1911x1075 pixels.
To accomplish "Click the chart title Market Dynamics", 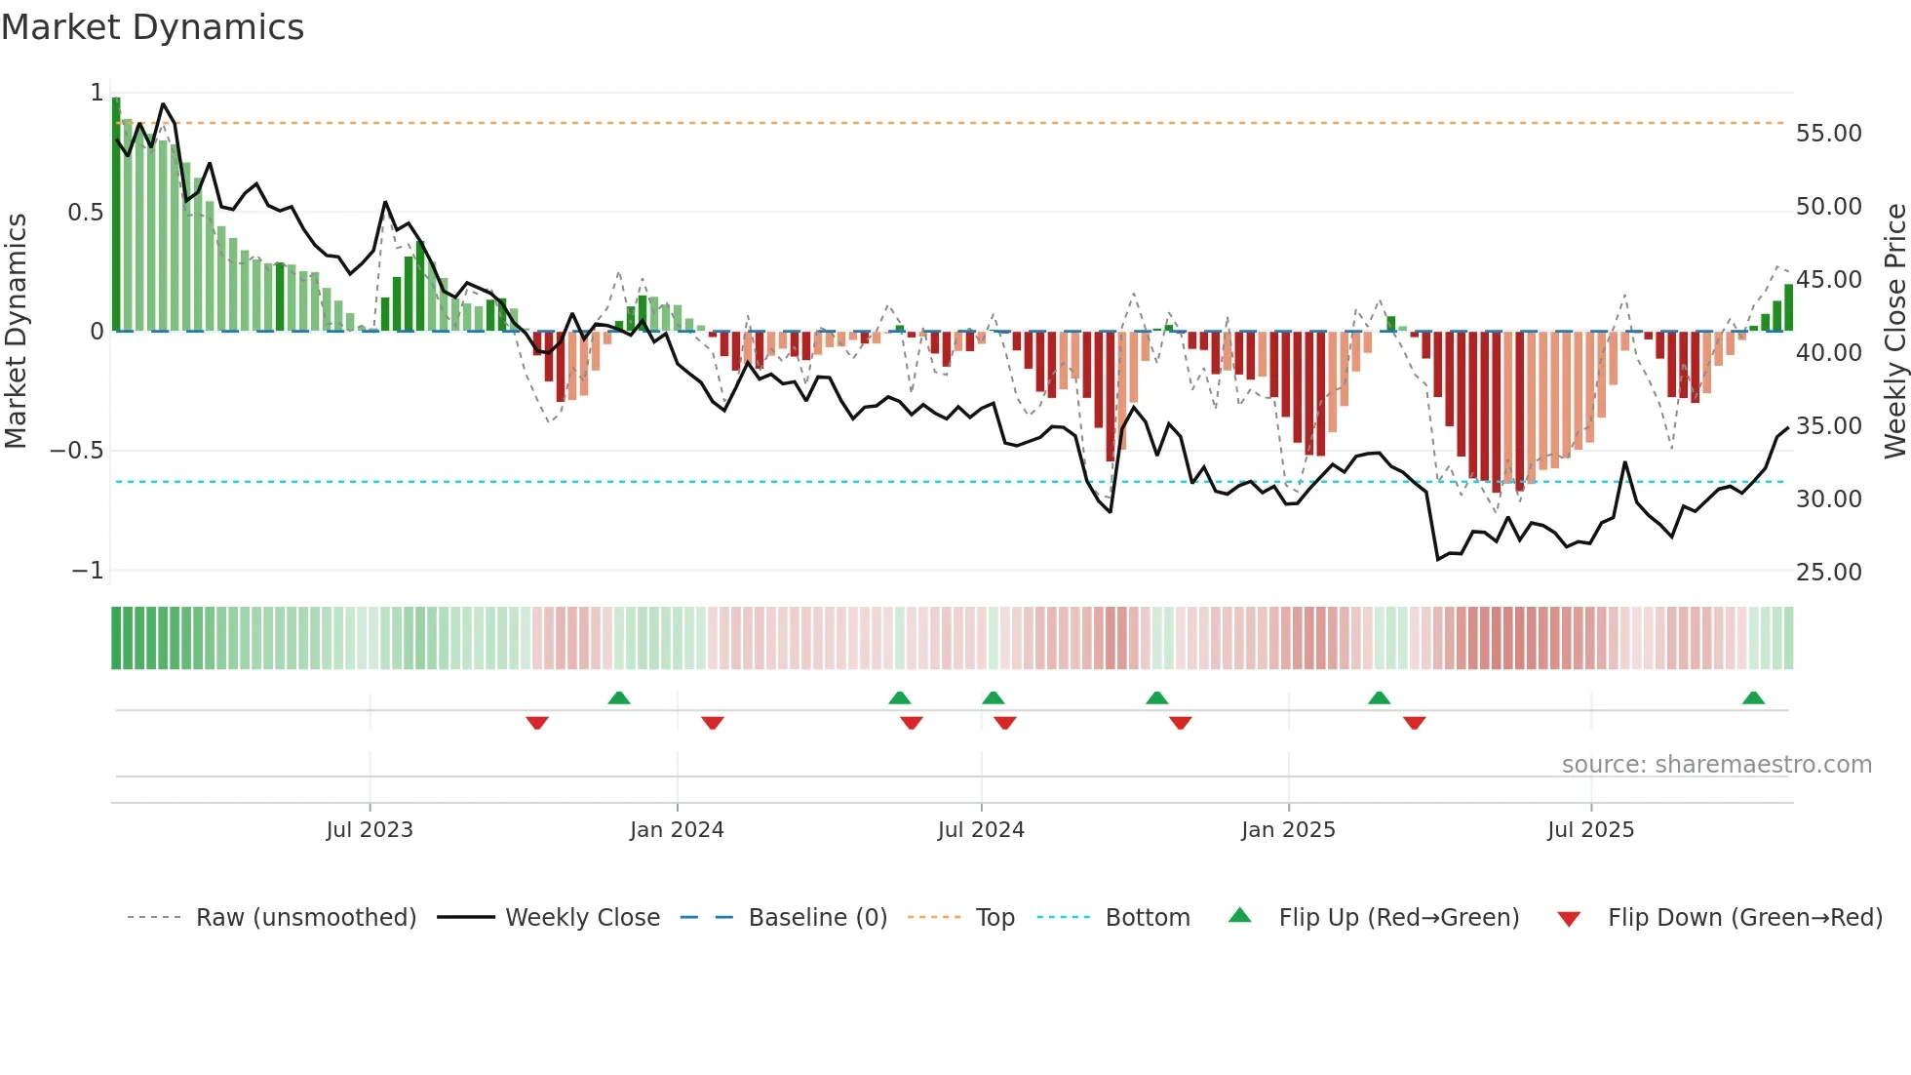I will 152,27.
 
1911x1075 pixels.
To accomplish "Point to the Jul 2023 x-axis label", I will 370,830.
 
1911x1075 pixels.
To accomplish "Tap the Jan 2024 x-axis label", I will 677,830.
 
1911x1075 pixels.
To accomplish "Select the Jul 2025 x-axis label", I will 1590,830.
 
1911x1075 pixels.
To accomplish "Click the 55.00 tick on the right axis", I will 1828,134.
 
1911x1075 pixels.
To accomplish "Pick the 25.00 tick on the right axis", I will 1828,573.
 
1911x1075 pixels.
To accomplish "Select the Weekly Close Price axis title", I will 1894,332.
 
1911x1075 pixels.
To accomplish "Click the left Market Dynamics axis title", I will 16,332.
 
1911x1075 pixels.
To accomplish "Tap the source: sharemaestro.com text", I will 1716,765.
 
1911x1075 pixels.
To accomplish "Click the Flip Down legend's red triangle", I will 1569,919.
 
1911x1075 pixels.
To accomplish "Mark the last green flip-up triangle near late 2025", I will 1753,698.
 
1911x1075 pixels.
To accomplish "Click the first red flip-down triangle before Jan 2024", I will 537,723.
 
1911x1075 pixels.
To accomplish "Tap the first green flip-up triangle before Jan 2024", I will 619,698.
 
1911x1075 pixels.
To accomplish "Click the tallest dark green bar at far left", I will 116,215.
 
